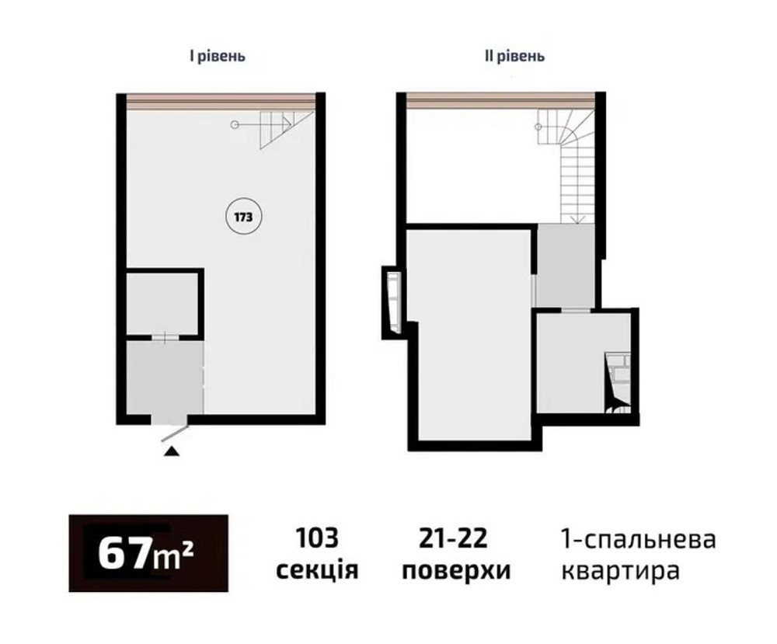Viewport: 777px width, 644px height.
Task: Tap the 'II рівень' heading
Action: (x=514, y=57)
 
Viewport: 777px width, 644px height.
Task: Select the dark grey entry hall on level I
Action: (x=165, y=377)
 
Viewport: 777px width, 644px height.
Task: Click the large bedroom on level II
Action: (x=470, y=326)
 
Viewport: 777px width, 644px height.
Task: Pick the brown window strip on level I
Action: (x=219, y=101)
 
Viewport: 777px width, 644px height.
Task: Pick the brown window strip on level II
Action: (x=500, y=101)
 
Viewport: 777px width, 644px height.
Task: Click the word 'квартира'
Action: (x=620, y=572)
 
